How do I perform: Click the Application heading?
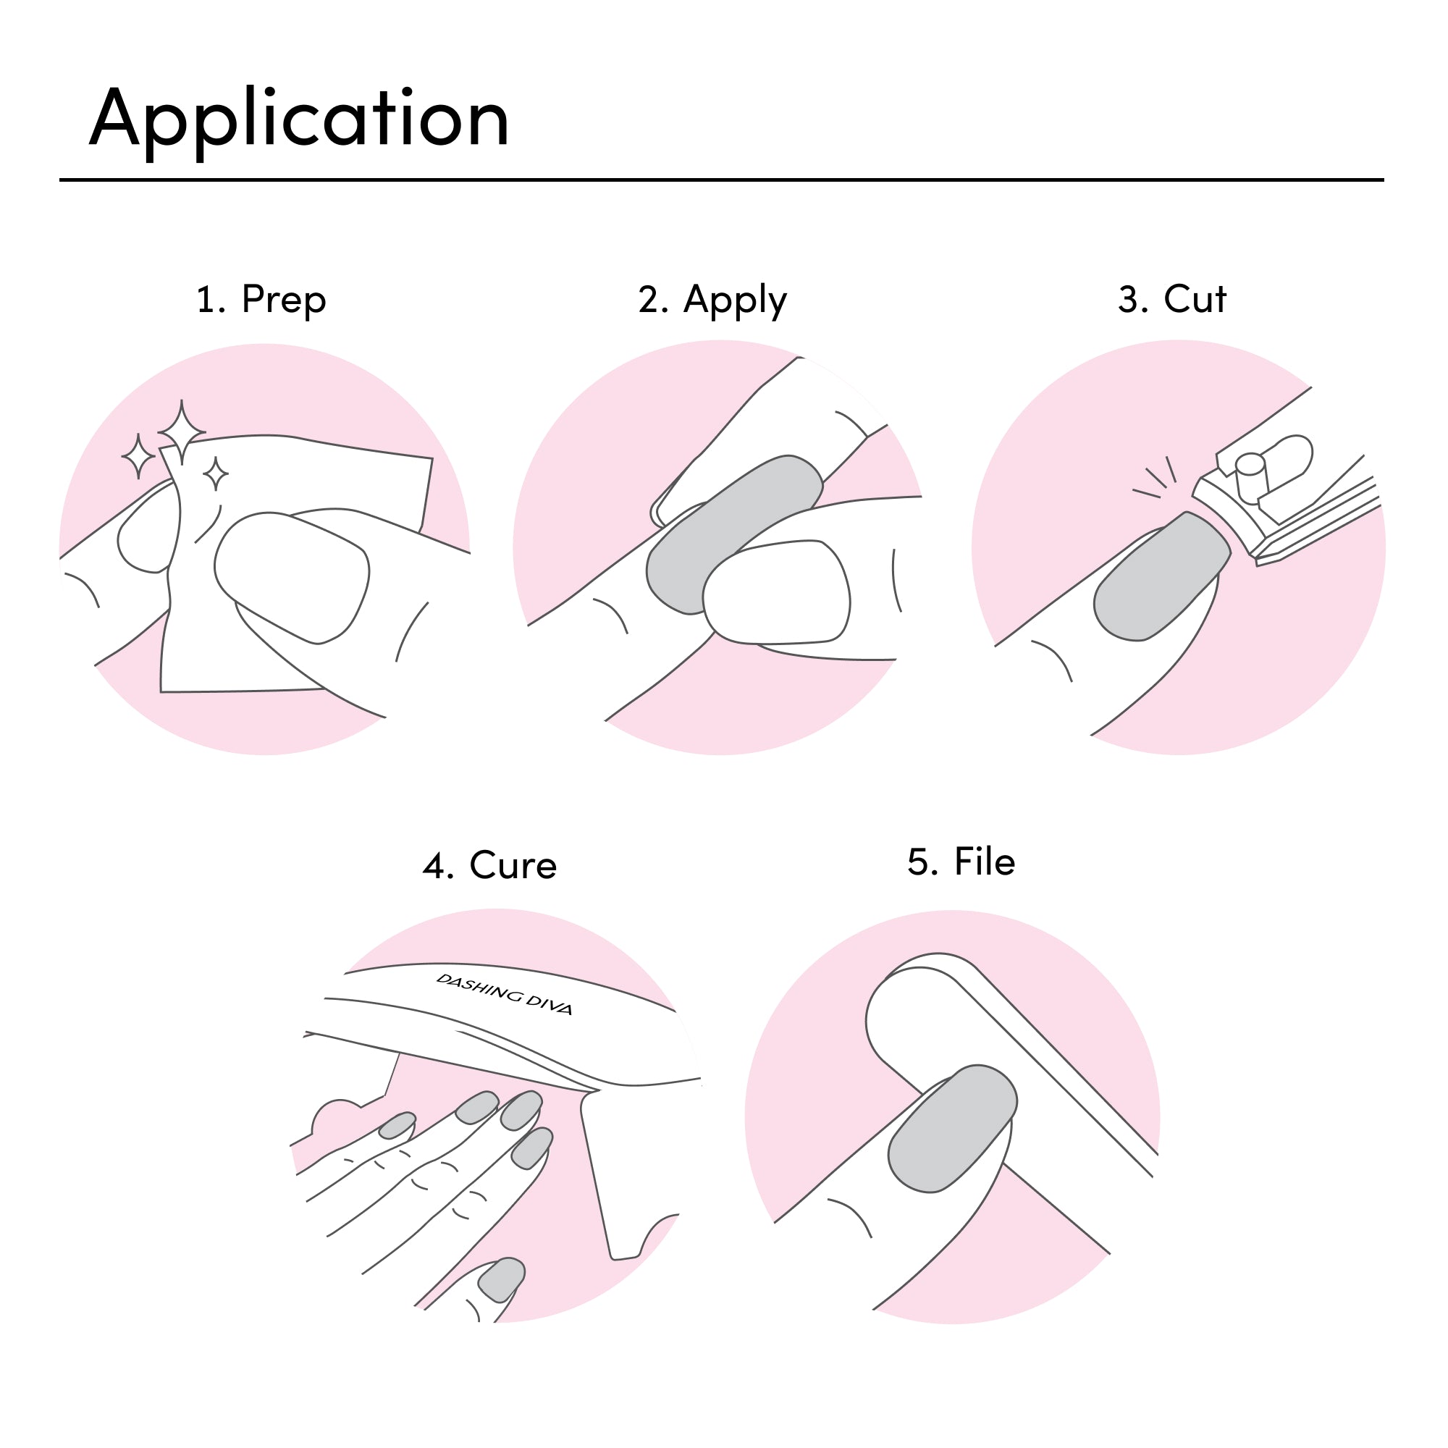pyautogui.click(x=299, y=120)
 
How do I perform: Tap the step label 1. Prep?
pyautogui.click(x=261, y=300)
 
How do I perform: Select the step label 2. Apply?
pyautogui.click(x=712, y=300)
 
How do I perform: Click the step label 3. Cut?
pyautogui.click(x=1171, y=299)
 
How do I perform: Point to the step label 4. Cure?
pyautogui.click(x=489, y=866)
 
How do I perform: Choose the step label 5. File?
pyautogui.click(x=961, y=862)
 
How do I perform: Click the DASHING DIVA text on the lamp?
pyautogui.click(x=505, y=995)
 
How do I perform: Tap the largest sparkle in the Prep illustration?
pyautogui.click(x=182, y=432)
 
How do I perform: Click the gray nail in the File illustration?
pyautogui.click(x=952, y=1129)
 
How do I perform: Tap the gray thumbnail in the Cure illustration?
pyautogui.click(x=502, y=1279)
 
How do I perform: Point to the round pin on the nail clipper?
pyautogui.click(x=1251, y=476)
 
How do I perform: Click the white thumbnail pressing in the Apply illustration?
pyautogui.click(x=775, y=592)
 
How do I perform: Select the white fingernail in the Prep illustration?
pyautogui.click(x=292, y=577)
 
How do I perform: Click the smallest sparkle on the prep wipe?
pyautogui.click(x=216, y=473)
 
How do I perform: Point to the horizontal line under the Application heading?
pyautogui.click(x=721, y=180)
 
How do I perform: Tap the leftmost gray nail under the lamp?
pyautogui.click(x=397, y=1125)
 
